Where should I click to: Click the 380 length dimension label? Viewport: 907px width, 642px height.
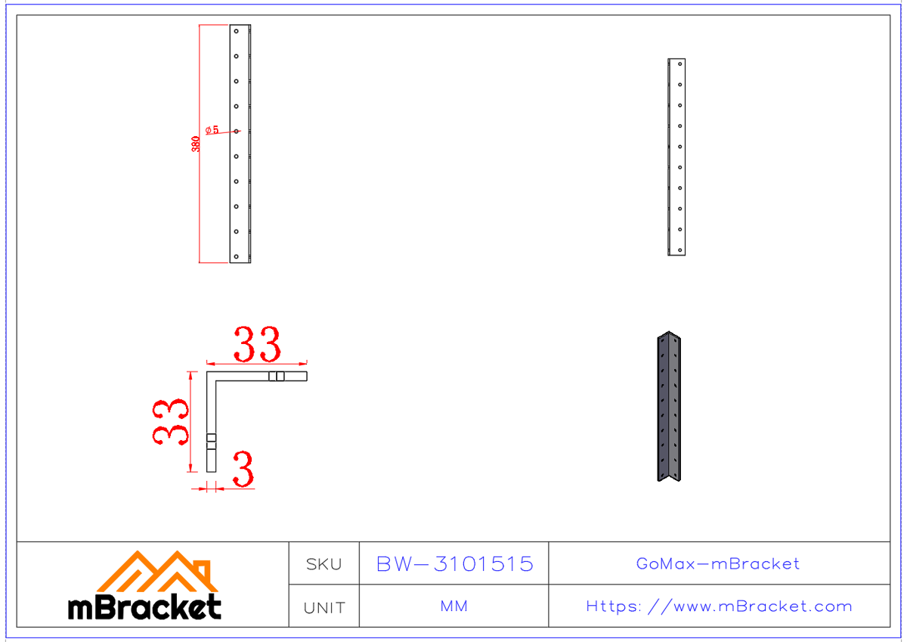pyautogui.click(x=196, y=144)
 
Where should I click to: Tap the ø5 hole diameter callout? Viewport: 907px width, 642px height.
pyautogui.click(x=212, y=130)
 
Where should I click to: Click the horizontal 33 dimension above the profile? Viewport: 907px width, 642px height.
pyautogui.click(x=256, y=345)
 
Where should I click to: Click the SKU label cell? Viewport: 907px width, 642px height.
pyautogui.click(x=323, y=564)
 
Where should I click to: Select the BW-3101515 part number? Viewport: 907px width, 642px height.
pyautogui.click(x=454, y=564)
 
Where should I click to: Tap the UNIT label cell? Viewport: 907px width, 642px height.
pyautogui.click(x=323, y=607)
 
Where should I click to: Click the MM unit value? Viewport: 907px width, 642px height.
pyautogui.click(x=453, y=606)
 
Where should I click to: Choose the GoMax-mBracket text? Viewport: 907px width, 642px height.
pyautogui.click(x=718, y=563)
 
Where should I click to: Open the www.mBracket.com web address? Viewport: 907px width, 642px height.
pyautogui.click(x=719, y=606)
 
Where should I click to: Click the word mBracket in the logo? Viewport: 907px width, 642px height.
pyautogui.click(x=144, y=607)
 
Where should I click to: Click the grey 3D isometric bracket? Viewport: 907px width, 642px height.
pyautogui.click(x=670, y=407)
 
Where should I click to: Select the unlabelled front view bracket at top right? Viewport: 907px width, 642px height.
pyautogui.click(x=676, y=157)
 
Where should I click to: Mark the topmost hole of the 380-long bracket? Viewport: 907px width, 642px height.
pyautogui.click(x=237, y=33)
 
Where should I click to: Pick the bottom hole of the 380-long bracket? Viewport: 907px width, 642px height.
pyautogui.click(x=237, y=255)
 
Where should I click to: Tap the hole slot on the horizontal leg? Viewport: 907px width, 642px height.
pyautogui.click(x=276, y=376)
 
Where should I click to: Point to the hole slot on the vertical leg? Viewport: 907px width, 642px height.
pyautogui.click(x=211, y=441)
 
